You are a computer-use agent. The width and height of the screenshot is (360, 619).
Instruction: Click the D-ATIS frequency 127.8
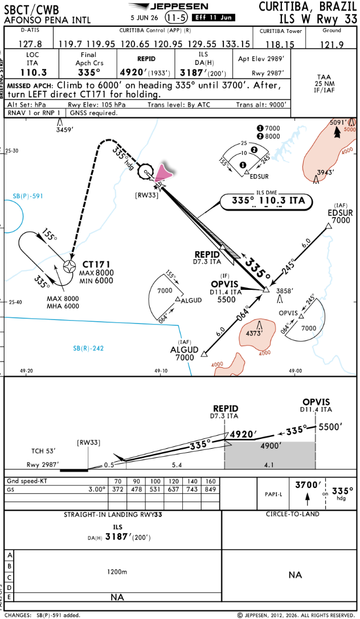[30, 44]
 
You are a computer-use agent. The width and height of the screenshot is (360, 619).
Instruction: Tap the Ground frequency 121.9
[332, 44]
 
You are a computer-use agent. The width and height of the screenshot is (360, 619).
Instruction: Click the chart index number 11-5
[177, 18]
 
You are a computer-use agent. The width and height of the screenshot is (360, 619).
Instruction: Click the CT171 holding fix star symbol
[70, 266]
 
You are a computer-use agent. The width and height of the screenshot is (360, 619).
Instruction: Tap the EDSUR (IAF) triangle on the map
[328, 226]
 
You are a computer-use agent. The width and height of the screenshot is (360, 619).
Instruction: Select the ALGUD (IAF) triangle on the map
[204, 353]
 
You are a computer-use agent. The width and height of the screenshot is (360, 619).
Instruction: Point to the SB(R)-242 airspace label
[88, 348]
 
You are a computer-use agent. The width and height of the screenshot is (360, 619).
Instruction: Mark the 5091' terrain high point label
[338, 122]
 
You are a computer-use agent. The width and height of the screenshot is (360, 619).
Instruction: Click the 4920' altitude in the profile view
[244, 434]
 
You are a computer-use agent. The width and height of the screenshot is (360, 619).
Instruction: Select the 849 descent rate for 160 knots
[210, 490]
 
